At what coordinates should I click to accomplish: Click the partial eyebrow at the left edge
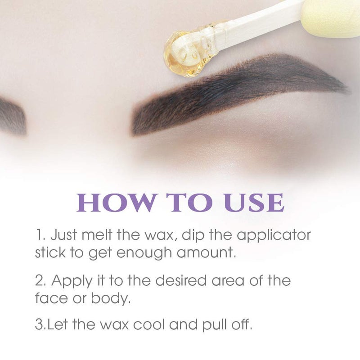[11, 115]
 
